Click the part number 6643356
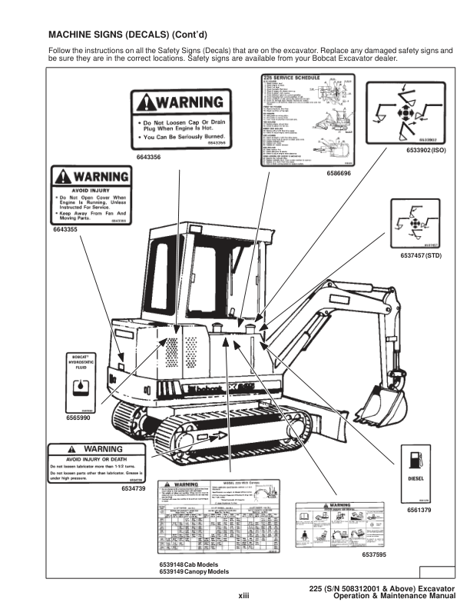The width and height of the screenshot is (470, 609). tap(148, 157)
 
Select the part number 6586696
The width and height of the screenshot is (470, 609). tap(338, 174)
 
